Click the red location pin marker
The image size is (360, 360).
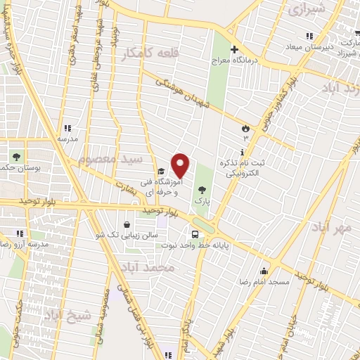pos(181,165)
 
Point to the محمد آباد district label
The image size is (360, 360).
pos(165,268)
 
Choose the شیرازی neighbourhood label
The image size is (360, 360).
pos(308,10)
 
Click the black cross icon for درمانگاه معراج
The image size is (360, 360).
pos(235,50)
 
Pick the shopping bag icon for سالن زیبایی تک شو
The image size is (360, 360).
pos(126,225)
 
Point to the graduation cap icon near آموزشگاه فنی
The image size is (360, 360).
pos(160,171)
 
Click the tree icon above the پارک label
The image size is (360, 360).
pos(202,189)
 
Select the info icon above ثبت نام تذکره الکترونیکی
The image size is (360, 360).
pos(243,152)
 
